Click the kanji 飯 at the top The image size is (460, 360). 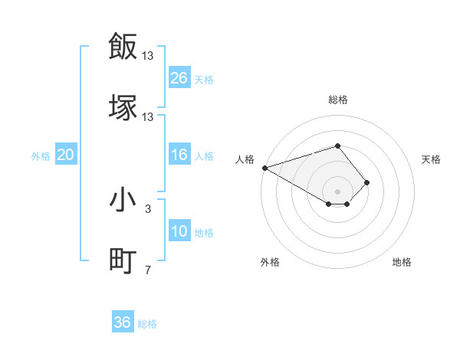pyautogui.click(x=123, y=46)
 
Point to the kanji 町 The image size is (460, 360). pyautogui.click(x=123, y=260)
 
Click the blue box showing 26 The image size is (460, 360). pyautogui.click(x=179, y=78)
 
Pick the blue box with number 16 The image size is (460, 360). pyautogui.click(x=179, y=155)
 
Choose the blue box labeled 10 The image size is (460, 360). pyautogui.click(x=179, y=232)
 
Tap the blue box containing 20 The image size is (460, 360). pyautogui.click(x=66, y=155)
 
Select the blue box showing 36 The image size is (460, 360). pyautogui.click(x=123, y=322)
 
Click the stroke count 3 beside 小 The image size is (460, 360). pyautogui.click(x=148, y=208)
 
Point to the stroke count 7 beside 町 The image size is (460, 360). pyautogui.click(x=148, y=270)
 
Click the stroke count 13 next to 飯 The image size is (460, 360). pyautogui.click(x=148, y=55)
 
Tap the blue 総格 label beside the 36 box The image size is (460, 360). pyautogui.click(x=147, y=324)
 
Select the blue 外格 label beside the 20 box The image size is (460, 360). pyautogui.click(x=41, y=156)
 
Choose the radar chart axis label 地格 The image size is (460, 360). pyautogui.click(x=402, y=262)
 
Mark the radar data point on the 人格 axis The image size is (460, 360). pyautogui.click(x=264, y=168)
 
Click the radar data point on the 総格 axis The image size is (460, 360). pyautogui.click(x=337, y=146)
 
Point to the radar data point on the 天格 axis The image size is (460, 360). pyautogui.click(x=367, y=182)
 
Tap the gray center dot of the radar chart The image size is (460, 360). pyautogui.click(x=337, y=191)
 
